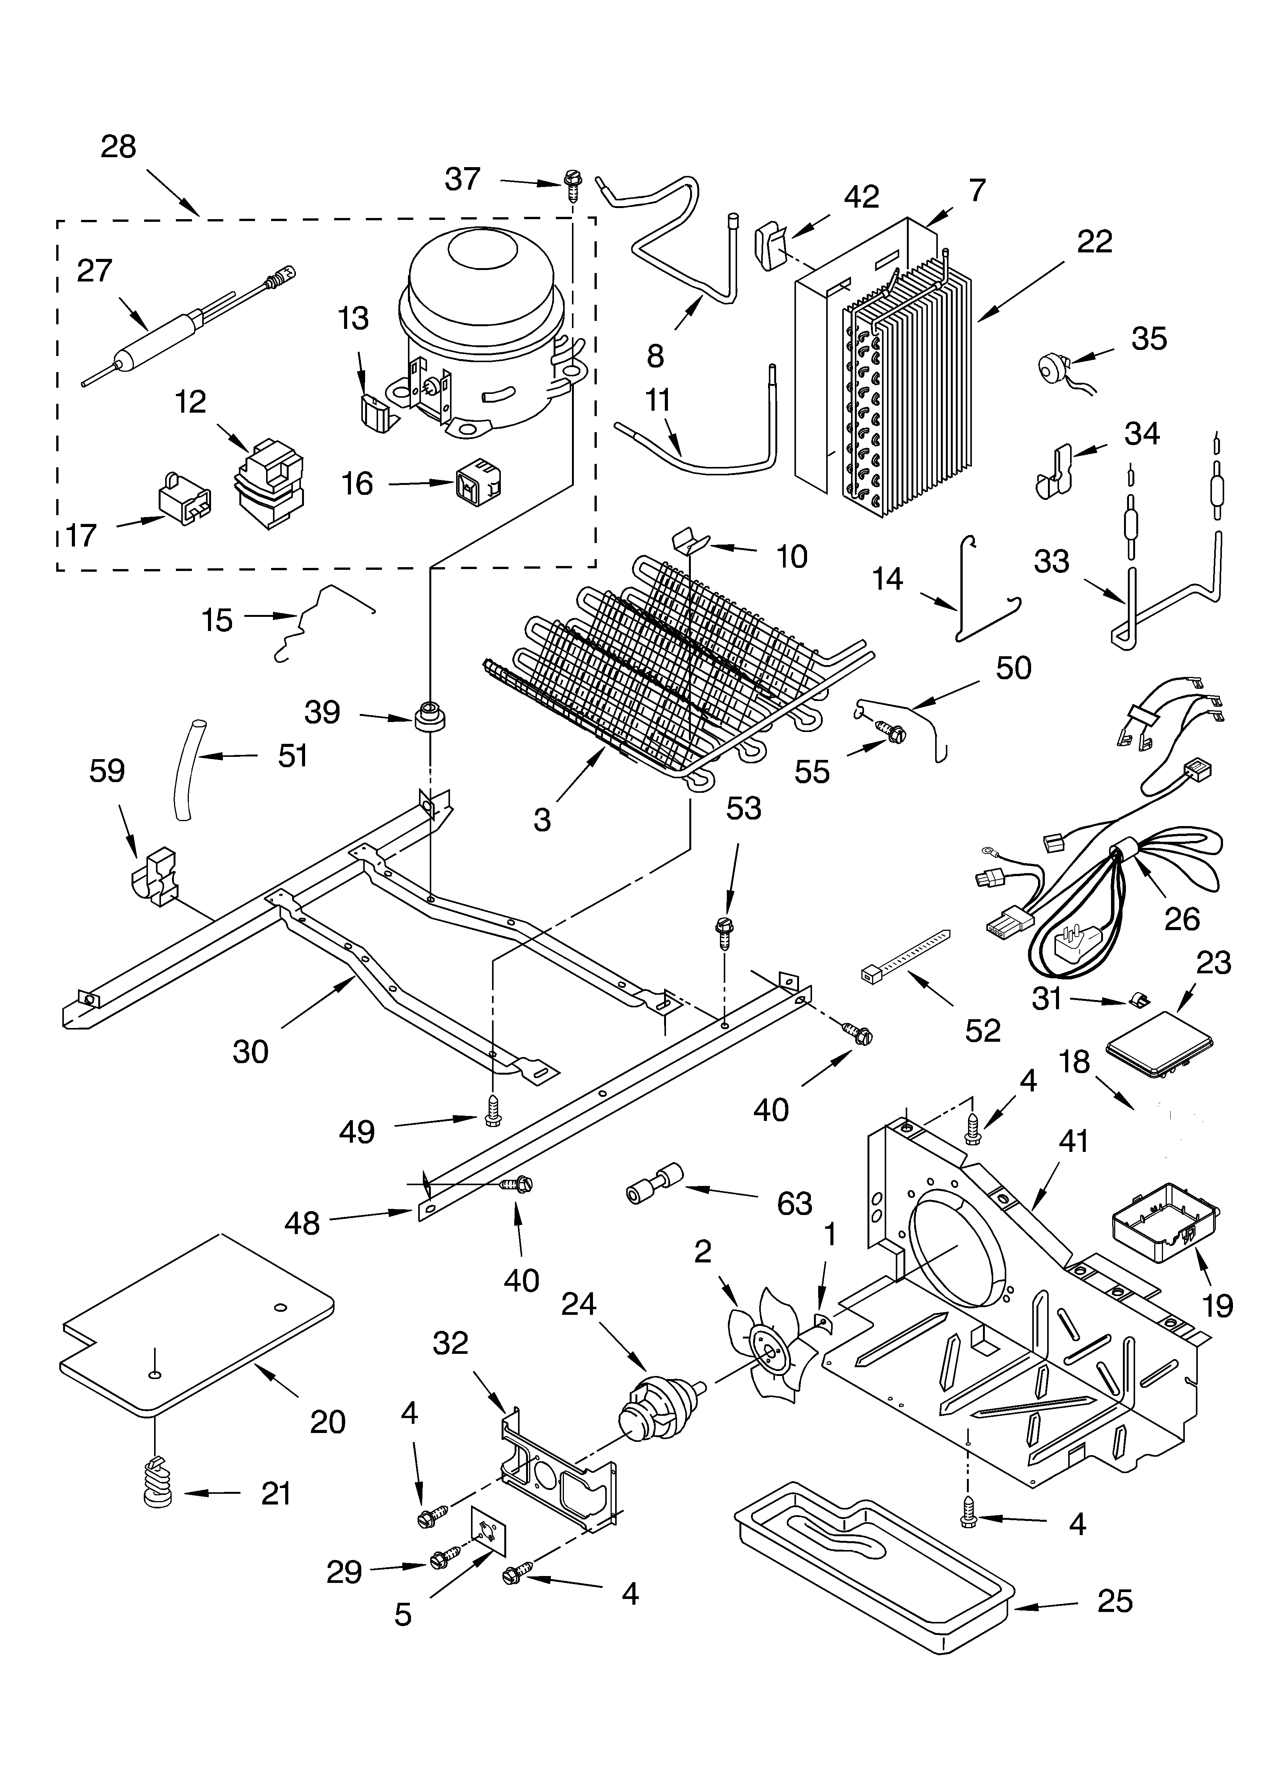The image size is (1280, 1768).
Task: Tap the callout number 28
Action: click(119, 146)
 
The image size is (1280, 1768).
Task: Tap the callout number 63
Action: click(794, 1204)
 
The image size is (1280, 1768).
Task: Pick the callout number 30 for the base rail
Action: click(250, 1052)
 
